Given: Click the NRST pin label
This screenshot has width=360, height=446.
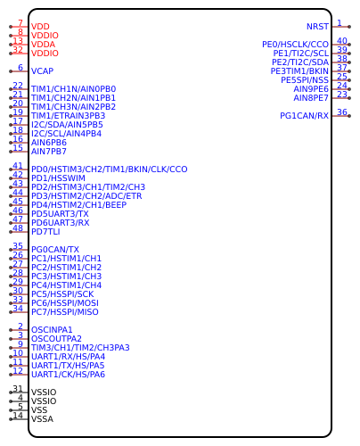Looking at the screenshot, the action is [x=317, y=27].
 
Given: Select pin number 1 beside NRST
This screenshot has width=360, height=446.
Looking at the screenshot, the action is [x=340, y=23].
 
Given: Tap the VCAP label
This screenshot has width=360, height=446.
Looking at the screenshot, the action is [x=42, y=71].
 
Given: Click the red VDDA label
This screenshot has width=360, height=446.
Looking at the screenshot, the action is [x=43, y=45].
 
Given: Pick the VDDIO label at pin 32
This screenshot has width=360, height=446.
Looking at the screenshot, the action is [x=45, y=54].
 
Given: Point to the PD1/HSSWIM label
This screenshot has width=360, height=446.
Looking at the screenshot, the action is [x=58, y=178].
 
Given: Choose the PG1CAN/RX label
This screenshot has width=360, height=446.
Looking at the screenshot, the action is [x=304, y=116].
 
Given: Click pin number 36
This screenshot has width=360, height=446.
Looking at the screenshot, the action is [x=342, y=112].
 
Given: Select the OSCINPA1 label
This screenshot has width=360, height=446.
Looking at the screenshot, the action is [x=52, y=330].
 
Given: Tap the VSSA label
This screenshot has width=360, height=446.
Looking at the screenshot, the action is [x=42, y=419].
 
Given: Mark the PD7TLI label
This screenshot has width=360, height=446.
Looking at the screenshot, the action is [x=45, y=232].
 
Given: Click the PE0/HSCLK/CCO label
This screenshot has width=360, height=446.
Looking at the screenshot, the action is [x=295, y=45].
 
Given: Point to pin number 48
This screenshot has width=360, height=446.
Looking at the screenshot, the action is [x=18, y=228].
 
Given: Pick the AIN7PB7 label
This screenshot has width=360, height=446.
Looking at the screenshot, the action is [x=49, y=152].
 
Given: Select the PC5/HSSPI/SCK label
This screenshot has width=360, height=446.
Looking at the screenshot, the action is [x=62, y=294].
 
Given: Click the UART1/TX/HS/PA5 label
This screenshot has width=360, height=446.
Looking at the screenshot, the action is [x=68, y=366].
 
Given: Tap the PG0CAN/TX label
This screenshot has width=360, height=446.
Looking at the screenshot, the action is [x=55, y=250].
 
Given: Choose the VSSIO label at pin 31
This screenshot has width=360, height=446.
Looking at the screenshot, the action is [x=44, y=392].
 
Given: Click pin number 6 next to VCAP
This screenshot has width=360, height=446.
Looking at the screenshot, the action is [x=20, y=68].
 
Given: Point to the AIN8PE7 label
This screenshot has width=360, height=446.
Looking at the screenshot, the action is [x=311, y=98].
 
